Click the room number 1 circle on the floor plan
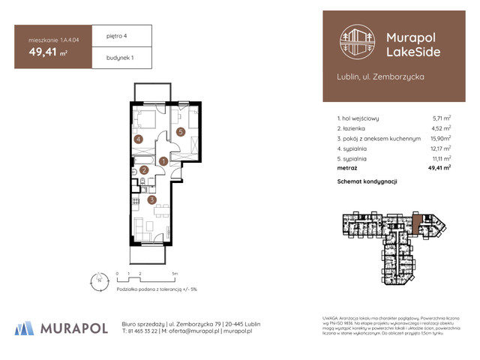tap(163, 160)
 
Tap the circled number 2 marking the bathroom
tap(144, 170)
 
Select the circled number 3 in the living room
tap(151, 199)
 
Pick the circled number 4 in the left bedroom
tap(138, 139)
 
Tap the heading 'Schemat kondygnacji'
tap(367, 182)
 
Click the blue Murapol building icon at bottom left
tap(24, 327)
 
